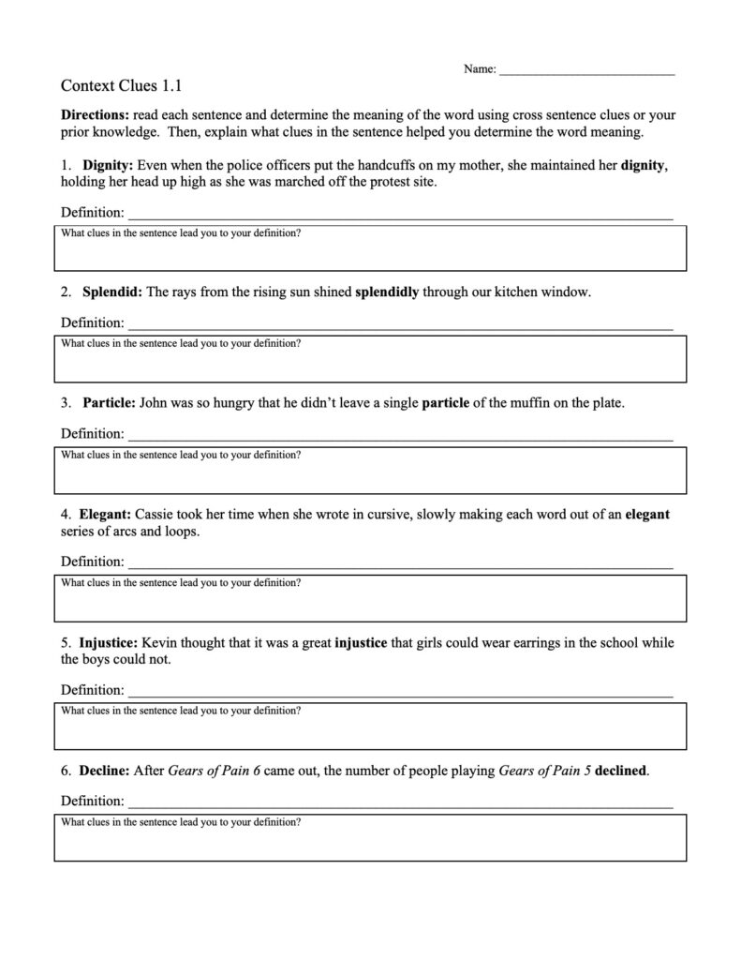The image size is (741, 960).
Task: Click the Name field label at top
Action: tap(479, 69)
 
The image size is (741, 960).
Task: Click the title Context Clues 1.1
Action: tap(121, 85)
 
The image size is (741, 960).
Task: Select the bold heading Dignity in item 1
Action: tap(108, 166)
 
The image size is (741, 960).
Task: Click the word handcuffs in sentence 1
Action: tap(400, 166)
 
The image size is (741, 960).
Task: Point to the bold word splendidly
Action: tap(387, 292)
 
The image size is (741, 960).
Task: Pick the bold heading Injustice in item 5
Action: tap(110, 643)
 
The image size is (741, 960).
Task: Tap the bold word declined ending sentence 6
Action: tap(621, 772)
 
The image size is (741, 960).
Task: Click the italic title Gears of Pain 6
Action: tap(215, 772)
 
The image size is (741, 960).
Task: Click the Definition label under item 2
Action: tap(92, 323)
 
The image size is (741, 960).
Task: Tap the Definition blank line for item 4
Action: tap(400, 564)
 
